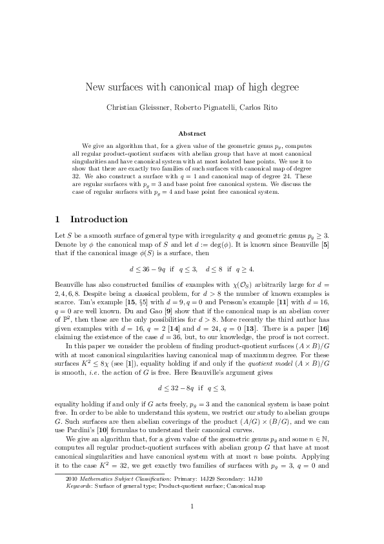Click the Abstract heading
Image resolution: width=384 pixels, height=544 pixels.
click(192, 134)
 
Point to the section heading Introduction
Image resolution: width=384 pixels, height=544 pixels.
click(99, 219)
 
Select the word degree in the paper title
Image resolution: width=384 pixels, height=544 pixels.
click(281, 87)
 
